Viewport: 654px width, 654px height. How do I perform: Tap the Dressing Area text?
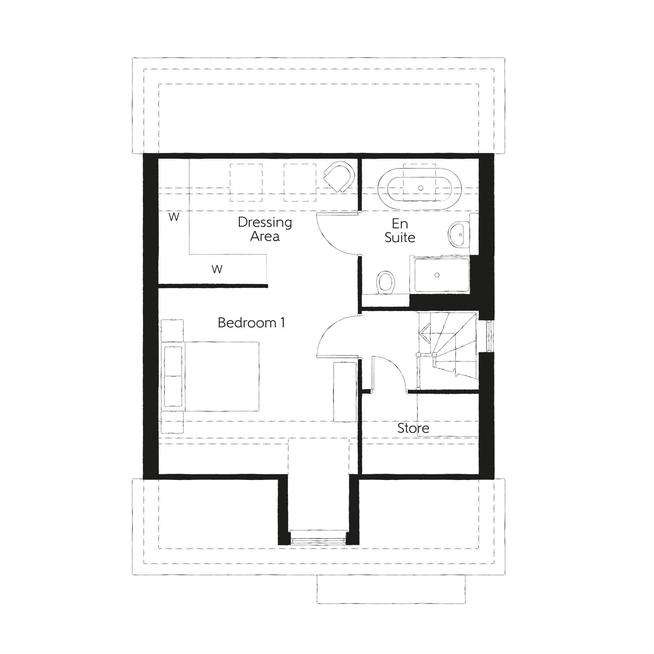[265, 229]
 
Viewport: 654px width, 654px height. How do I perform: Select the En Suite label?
[400, 231]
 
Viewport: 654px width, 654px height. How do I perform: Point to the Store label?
[413, 428]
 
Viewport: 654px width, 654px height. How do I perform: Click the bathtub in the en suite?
[420, 188]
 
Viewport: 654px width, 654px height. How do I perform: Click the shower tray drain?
[437, 275]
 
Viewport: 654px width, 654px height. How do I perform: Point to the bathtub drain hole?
[421, 188]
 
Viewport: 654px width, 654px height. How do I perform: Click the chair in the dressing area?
[339, 176]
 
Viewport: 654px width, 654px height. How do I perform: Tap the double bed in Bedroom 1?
[210, 376]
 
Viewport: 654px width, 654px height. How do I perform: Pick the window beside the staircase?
[490, 336]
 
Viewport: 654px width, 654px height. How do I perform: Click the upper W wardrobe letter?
[174, 217]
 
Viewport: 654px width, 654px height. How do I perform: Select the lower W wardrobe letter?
[217, 269]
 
